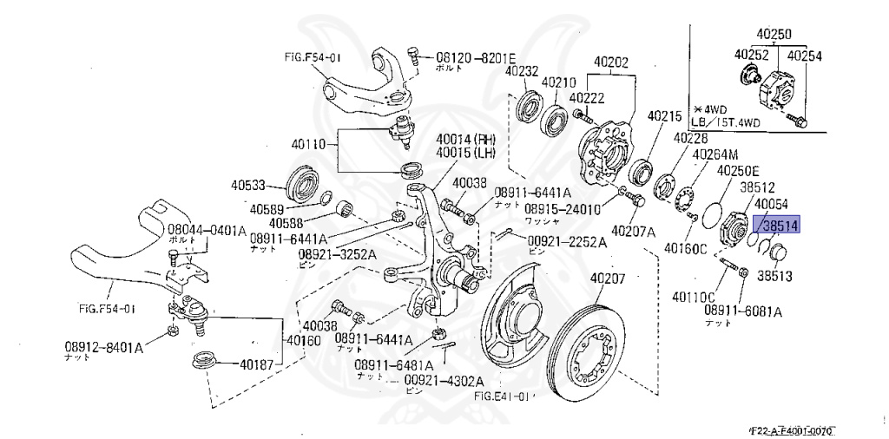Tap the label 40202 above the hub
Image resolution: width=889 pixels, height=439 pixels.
point(611,62)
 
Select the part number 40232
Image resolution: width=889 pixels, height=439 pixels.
point(524,71)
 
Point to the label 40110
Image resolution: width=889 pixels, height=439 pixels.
point(309,144)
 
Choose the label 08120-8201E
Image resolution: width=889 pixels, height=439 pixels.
point(477,54)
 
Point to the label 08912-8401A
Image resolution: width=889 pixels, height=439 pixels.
point(103,346)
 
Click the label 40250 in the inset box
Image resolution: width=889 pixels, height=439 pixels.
point(774,35)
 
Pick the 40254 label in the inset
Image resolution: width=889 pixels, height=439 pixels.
point(805,56)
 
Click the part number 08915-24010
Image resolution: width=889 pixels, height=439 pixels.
point(561,210)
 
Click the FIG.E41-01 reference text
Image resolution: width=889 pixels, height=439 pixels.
point(502,396)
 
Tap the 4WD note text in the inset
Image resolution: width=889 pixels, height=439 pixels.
point(715,109)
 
